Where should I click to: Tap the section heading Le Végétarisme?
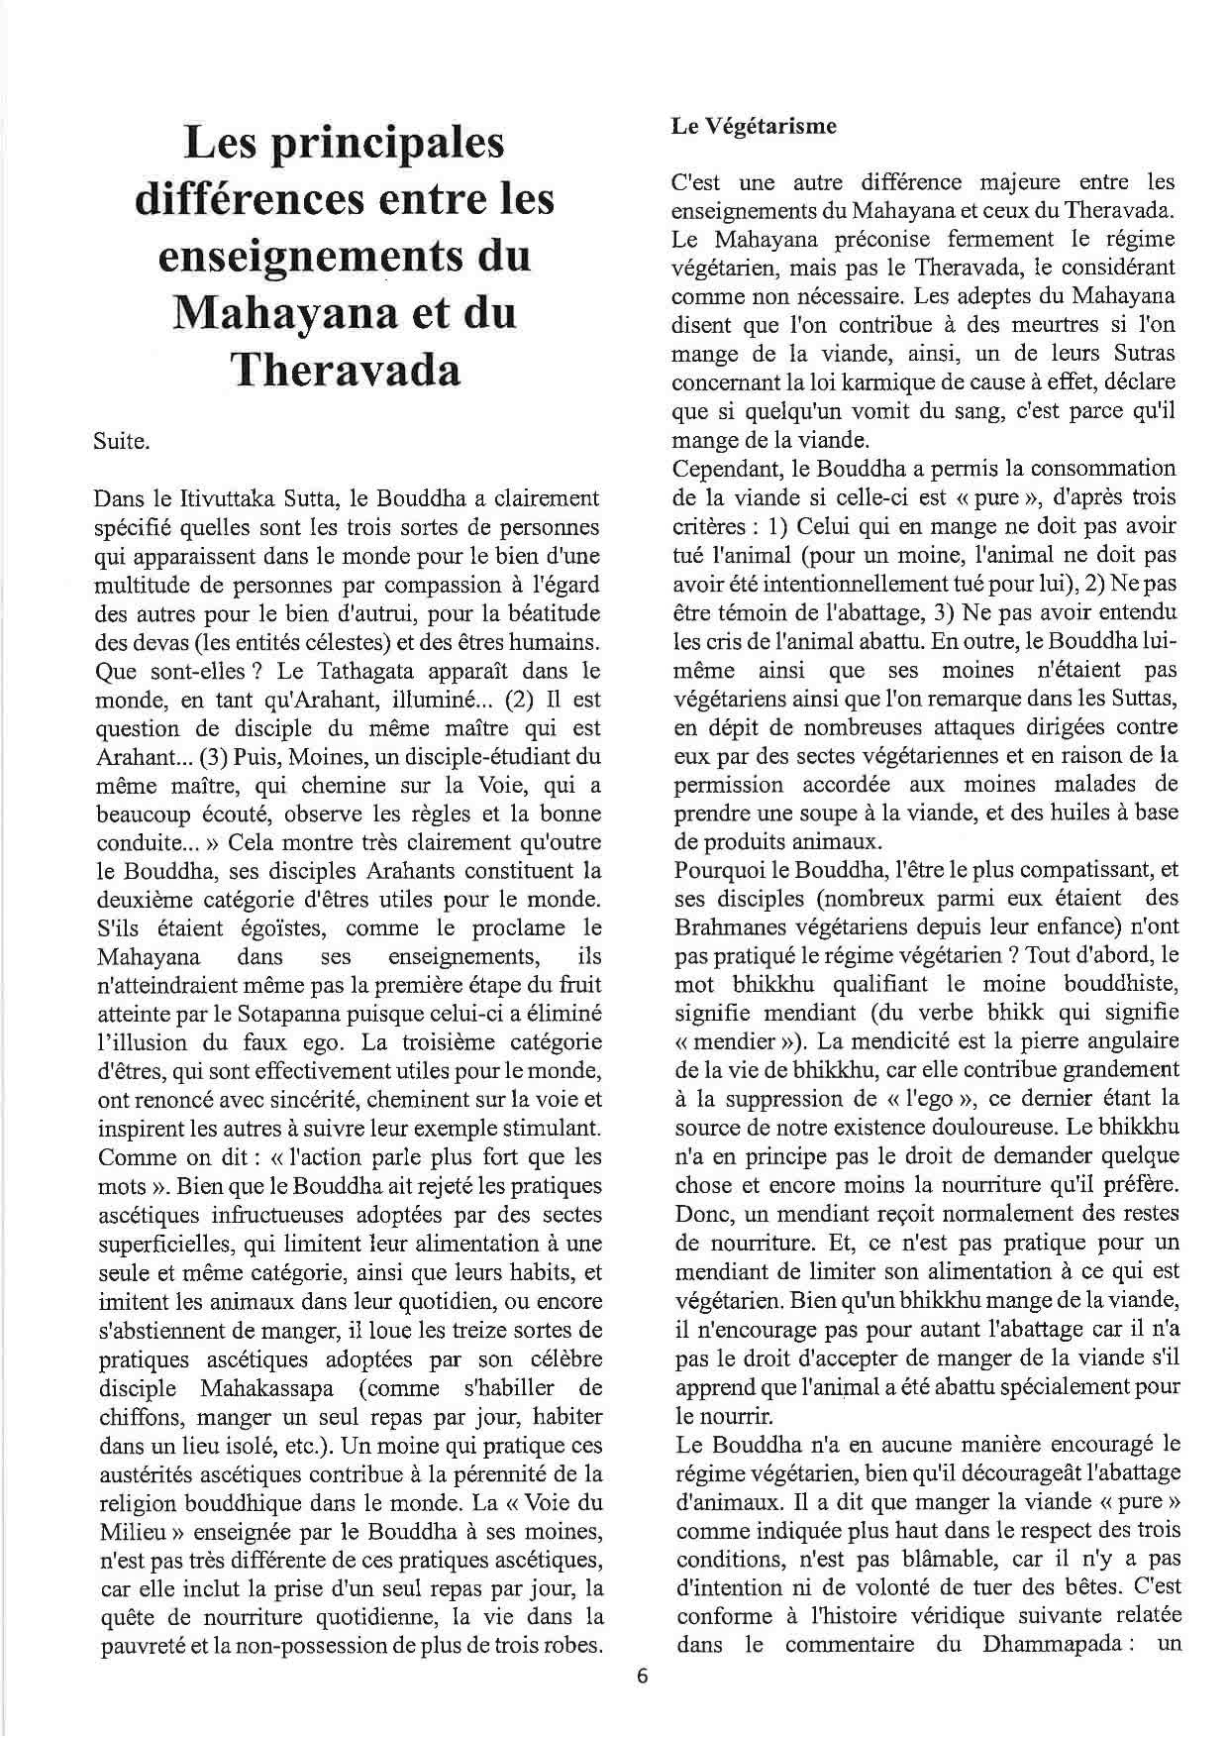(x=754, y=126)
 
